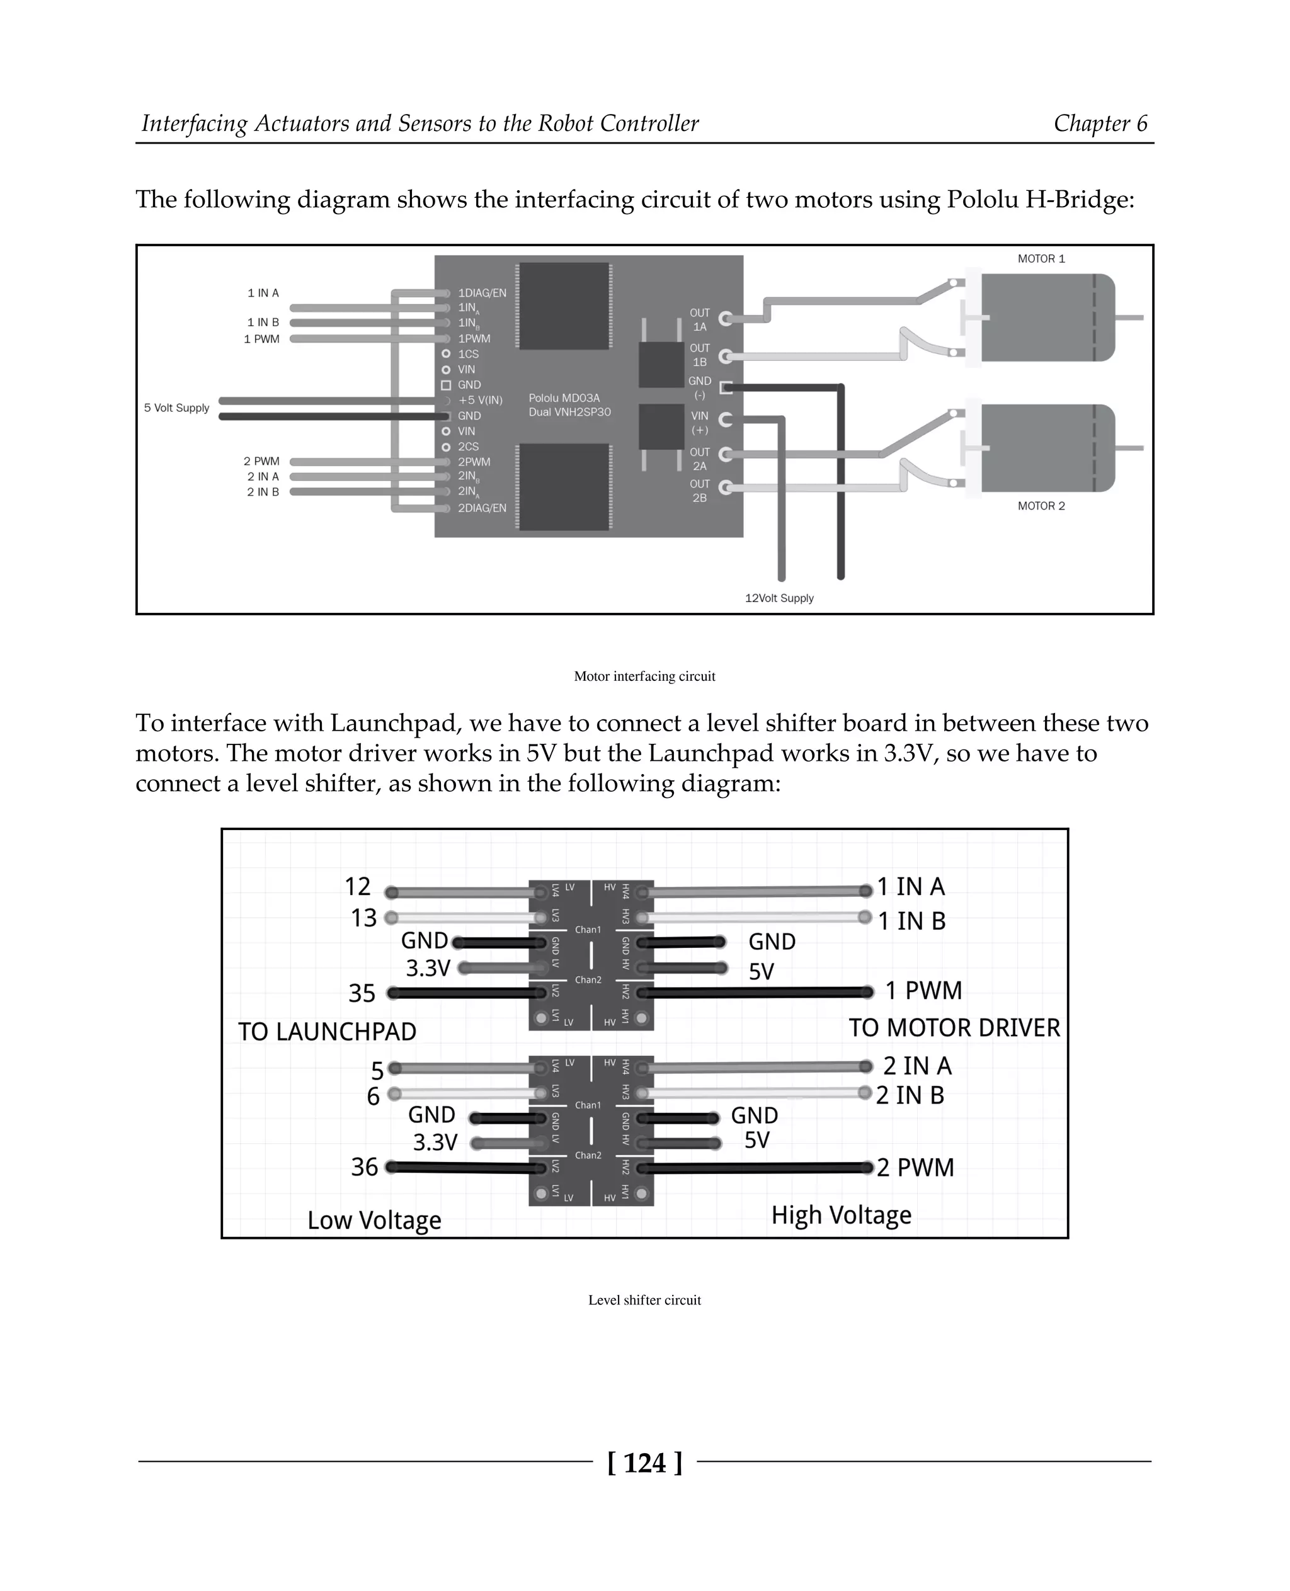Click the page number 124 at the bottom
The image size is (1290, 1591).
coord(644,1463)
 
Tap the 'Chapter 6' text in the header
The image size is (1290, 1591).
coord(1100,123)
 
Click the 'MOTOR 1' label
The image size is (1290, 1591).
coord(1041,259)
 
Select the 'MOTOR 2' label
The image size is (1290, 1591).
coord(1041,506)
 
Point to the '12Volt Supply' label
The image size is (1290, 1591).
coord(779,598)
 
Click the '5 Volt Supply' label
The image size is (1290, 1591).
coord(177,408)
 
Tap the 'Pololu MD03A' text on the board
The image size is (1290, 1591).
coord(564,398)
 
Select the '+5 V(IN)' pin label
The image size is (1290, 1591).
coord(480,401)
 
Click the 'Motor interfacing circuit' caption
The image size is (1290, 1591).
coord(644,676)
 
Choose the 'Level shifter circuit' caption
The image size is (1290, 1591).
coord(644,1300)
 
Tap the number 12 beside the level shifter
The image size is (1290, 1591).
coord(357,887)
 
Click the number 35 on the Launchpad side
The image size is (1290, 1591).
coord(362,993)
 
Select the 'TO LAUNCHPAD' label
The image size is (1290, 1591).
coord(327,1032)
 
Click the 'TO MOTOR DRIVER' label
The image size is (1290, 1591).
coord(954,1028)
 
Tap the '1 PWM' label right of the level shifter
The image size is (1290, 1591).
coord(923,991)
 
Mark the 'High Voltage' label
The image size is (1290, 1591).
coord(841,1215)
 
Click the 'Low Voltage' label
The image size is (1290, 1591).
coord(375,1220)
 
